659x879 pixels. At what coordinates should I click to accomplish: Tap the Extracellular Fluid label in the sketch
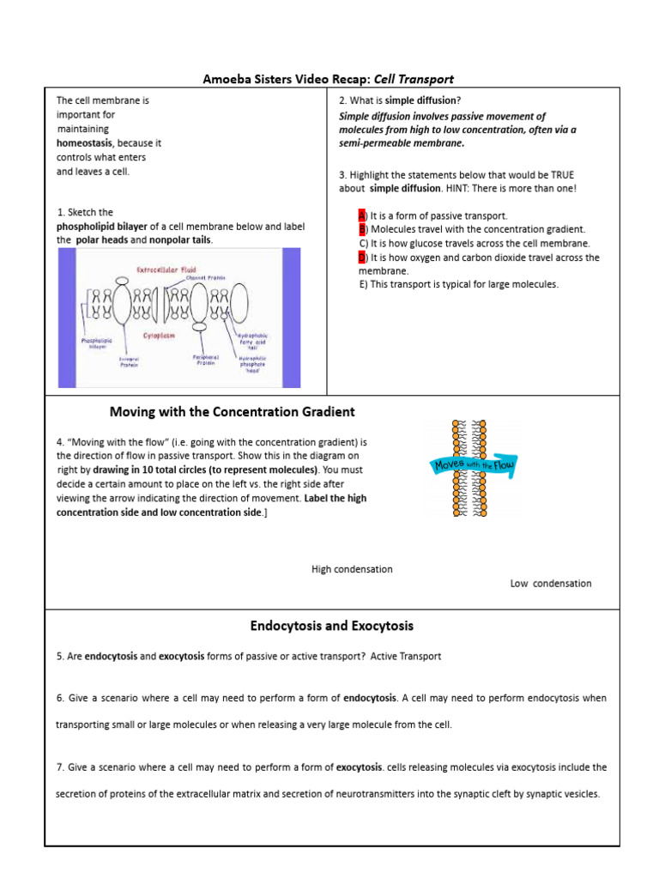(x=166, y=270)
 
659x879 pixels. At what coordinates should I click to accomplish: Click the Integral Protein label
(x=129, y=361)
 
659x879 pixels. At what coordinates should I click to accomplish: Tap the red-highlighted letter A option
(x=362, y=215)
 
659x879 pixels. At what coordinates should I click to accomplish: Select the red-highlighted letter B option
(x=363, y=229)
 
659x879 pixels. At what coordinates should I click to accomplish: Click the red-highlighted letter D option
(x=363, y=257)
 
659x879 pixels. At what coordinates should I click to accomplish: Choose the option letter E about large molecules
(x=363, y=284)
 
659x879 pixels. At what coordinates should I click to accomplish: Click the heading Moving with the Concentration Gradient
(x=232, y=412)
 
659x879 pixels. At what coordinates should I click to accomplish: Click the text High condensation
(x=352, y=569)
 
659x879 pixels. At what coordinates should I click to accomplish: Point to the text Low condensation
(x=550, y=584)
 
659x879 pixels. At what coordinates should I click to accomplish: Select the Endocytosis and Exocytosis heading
(x=331, y=626)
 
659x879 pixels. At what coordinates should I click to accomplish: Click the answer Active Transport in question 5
(x=406, y=656)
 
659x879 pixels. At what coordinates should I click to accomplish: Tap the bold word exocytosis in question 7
(x=360, y=767)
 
